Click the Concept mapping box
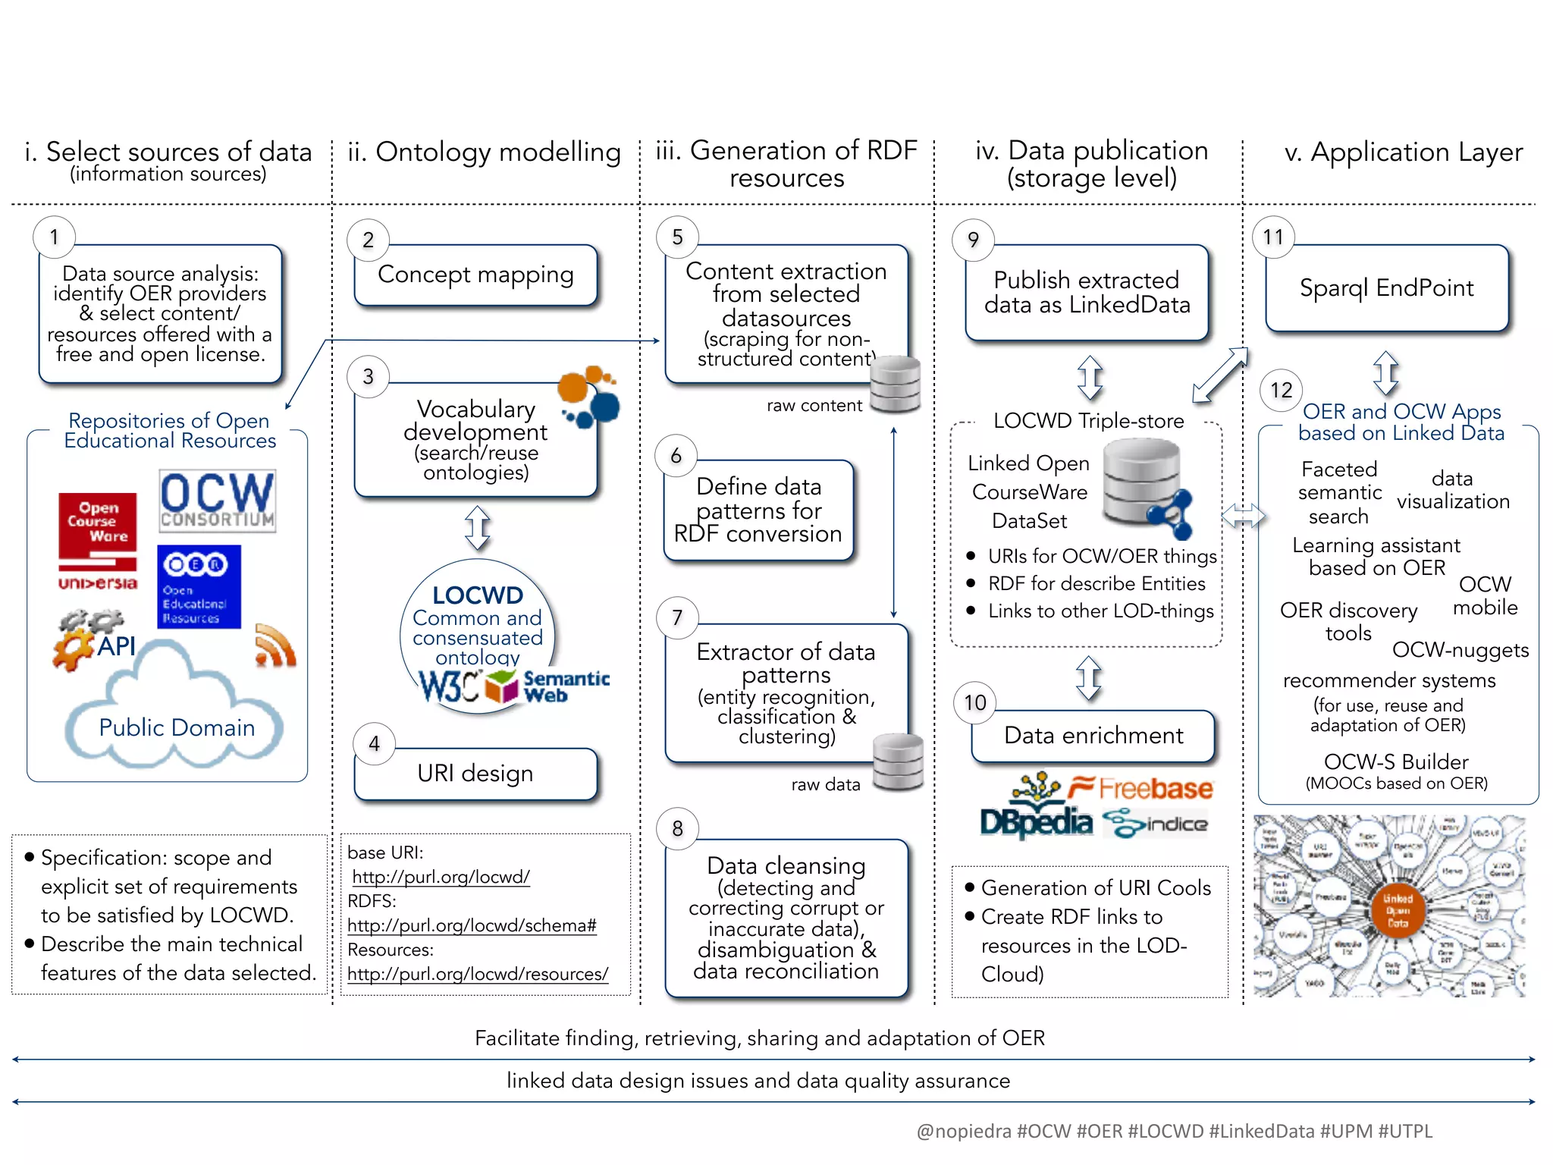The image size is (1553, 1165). (475, 275)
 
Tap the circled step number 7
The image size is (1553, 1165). (677, 617)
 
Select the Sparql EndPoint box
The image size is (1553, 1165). (1386, 288)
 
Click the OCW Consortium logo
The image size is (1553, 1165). (217, 500)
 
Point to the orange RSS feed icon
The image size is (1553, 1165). (275, 646)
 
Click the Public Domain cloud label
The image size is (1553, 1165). (177, 727)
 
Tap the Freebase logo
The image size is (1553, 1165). (1141, 789)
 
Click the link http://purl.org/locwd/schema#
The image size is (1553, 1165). (472, 925)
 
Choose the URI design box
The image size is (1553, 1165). (475, 774)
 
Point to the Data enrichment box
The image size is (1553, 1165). (1093, 736)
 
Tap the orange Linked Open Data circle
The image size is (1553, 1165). (1398, 910)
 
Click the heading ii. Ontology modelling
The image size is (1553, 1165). (484, 152)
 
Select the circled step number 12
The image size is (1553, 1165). (1281, 390)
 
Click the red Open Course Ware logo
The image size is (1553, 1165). (98, 531)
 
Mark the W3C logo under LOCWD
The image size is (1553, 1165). (449, 687)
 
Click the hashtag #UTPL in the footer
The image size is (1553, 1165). (1405, 1131)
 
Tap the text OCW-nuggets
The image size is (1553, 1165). (1460, 650)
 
